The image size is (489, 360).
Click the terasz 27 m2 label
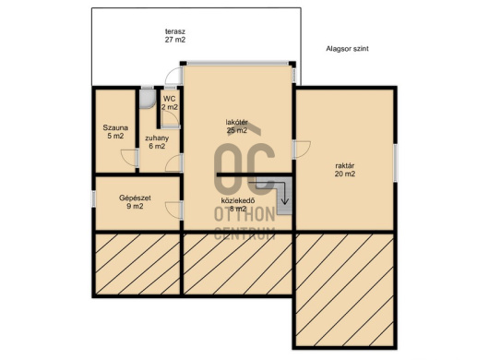tap(175, 36)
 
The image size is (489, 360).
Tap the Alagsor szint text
tap(347, 49)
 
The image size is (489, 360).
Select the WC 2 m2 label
tap(170, 103)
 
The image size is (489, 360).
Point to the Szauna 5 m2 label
tap(115, 132)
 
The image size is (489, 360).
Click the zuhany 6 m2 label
tap(157, 142)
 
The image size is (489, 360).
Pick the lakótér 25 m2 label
tap(237, 126)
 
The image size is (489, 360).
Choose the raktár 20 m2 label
tap(345, 170)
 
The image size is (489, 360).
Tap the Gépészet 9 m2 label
tap(135, 202)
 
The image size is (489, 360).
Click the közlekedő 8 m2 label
tap(238, 205)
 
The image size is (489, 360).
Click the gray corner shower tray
tap(147, 99)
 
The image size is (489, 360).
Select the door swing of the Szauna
tap(128, 158)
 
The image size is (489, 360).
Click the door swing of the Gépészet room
tap(173, 210)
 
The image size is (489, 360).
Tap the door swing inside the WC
tap(171, 119)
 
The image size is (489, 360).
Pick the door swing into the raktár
tap(302, 150)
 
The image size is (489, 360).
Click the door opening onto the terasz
tap(173, 76)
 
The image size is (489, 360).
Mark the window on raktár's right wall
tap(396, 162)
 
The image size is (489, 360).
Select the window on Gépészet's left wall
tap(93, 198)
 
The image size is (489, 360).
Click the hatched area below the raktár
tap(344, 290)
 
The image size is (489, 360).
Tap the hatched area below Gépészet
tap(137, 264)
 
